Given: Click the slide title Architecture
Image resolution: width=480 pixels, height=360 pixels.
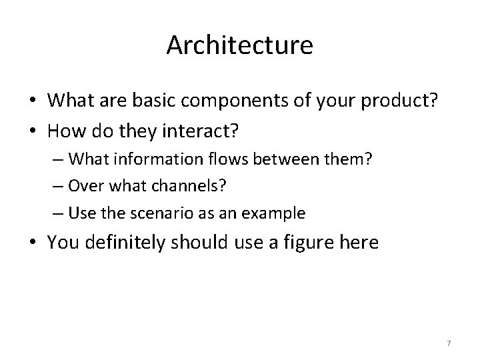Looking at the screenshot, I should pyautogui.click(x=239, y=45).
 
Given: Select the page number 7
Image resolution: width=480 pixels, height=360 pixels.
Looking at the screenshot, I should pyautogui.click(x=449, y=343).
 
